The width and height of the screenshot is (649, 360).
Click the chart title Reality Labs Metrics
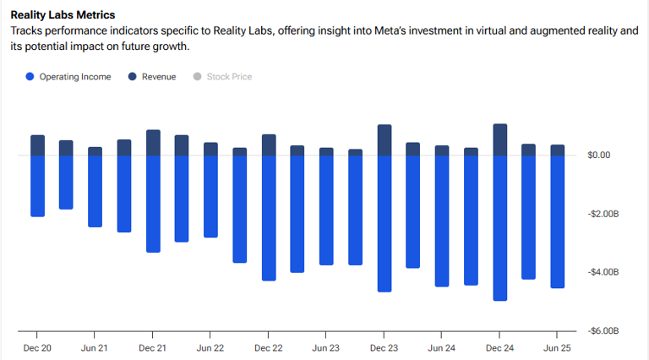click(x=63, y=15)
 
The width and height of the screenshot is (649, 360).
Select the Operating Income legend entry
click(x=74, y=77)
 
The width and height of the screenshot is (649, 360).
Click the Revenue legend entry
click(x=158, y=77)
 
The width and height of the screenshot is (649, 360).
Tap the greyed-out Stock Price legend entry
click(x=229, y=77)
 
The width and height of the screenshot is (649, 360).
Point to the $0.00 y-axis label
click(x=599, y=155)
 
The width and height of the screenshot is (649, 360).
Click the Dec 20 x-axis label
click(x=37, y=347)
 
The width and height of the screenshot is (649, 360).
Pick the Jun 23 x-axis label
click(x=326, y=347)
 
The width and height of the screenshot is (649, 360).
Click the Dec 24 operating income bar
click(x=499, y=228)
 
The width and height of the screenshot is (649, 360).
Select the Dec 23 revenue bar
click(x=384, y=140)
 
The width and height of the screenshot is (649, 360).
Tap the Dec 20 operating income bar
click(x=37, y=186)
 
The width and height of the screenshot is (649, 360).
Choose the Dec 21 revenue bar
click(x=153, y=143)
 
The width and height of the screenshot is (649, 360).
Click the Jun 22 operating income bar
click(x=210, y=196)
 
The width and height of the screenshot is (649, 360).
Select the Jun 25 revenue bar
click(x=557, y=150)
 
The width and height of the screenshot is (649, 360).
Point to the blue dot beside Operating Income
click(x=30, y=77)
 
